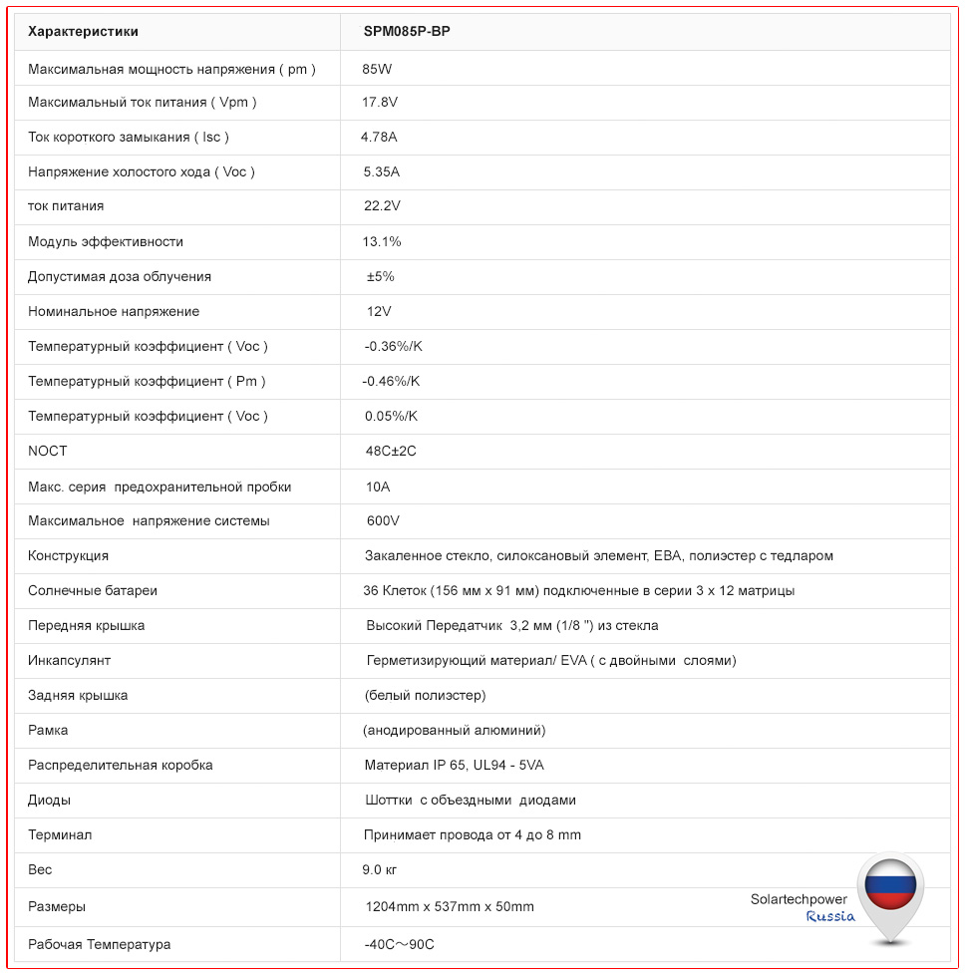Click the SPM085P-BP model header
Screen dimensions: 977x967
click(407, 31)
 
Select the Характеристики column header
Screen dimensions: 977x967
click(84, 31)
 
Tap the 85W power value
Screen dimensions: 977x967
click(378, 69)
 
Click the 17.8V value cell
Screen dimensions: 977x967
click(380, 102)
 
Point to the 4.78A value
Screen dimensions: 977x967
click(379, 137)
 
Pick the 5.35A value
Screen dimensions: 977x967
click(382, 171)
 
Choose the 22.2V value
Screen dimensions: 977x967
click(383, 206)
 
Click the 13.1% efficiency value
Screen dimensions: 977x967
click(383, 241)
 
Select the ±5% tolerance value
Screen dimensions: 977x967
click(381, 276)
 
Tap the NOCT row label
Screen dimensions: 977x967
click(48, 451)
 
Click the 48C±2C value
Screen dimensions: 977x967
click(391, 451)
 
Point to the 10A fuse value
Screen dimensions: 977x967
click(379, 487)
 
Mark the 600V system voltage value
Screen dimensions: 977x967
click(383, 520)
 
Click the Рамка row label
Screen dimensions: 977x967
click(48, 730)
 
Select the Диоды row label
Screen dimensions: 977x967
click(50, 800)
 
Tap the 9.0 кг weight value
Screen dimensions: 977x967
click(380, 869)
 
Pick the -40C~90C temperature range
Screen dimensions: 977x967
click(400, 944)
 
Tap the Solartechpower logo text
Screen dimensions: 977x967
click(799, 899)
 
